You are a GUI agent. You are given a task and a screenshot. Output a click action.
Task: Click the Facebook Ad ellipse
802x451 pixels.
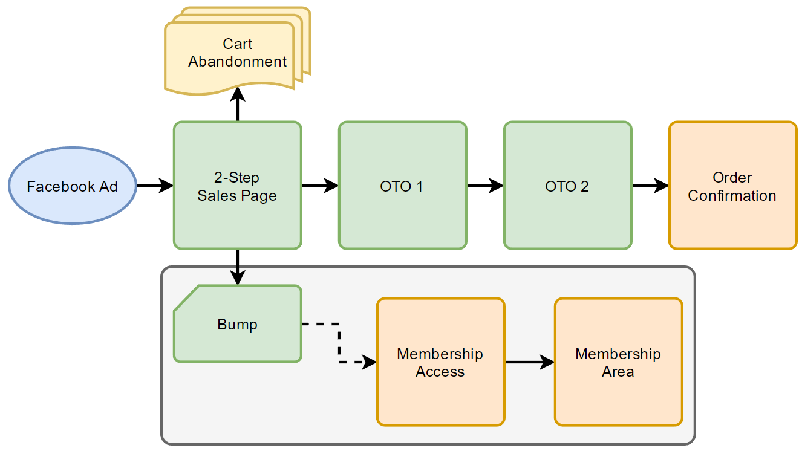pyautogui.click(x=73, y=186)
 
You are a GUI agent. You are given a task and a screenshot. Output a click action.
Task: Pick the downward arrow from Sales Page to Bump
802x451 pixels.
pyautogui.click(x=238, y=266)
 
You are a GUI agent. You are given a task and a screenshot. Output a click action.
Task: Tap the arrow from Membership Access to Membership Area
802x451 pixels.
pyautogui.click(x=529, y=362)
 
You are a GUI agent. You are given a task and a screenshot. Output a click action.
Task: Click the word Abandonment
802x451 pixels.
pyautogui.click(x=237, y=62)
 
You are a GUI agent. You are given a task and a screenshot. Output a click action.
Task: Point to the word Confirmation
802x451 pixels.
pyautogui.click(x=732, y=196)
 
